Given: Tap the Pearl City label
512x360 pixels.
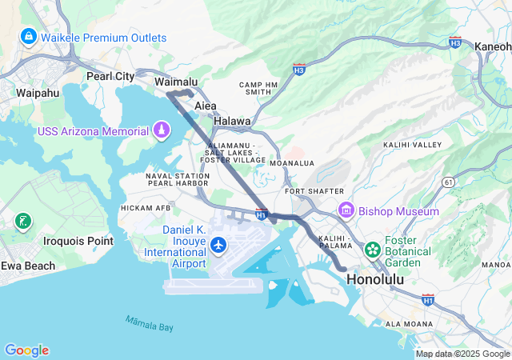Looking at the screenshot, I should pos(110,77).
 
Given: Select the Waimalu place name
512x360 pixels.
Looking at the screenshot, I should pos(175,82).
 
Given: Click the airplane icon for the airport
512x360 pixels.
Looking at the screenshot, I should pos(217,243).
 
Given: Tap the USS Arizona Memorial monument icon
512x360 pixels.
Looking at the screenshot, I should pos(162,130).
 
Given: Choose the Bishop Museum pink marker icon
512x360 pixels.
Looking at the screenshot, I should pos(346,211).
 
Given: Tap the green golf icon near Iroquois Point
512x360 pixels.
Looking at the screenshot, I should pos(22,221).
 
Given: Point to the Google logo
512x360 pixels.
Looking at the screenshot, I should pos(26,350).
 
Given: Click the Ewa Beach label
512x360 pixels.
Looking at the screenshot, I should pos(28,266).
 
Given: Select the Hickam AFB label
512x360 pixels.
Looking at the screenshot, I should pos(146,208).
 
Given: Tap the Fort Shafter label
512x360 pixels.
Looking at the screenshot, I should pos(314,191).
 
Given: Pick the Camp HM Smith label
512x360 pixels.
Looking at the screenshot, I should pos(258,88).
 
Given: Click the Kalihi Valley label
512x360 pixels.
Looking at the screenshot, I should pos(413,144).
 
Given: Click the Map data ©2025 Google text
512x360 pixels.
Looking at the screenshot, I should pos(462,354).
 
